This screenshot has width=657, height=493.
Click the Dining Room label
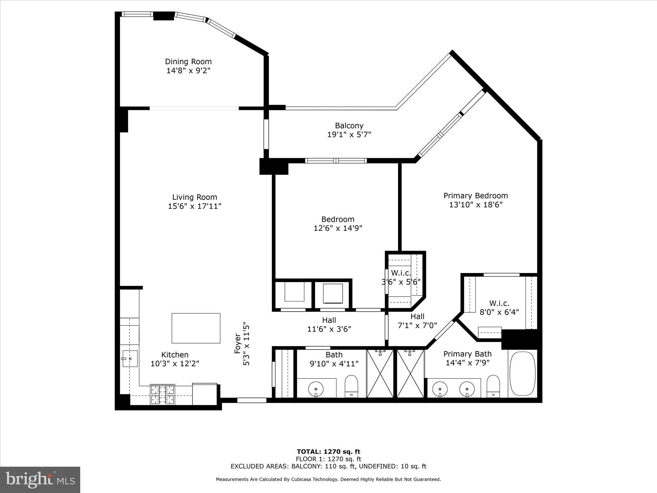188,62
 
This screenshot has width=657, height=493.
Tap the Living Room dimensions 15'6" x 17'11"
195,206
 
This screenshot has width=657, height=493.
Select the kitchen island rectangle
196,328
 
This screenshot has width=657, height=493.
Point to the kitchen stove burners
163,394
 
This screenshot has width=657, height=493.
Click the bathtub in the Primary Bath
523,374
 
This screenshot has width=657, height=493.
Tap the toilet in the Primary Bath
493,386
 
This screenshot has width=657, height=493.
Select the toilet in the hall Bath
351,386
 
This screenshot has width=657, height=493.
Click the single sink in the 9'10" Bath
316,389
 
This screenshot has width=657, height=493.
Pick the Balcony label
349,126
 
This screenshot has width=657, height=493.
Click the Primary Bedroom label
475,196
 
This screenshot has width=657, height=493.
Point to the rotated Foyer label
238,344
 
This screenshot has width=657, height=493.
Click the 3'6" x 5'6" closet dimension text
401,282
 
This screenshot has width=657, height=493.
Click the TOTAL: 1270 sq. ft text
328,452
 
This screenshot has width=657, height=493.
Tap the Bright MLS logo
40,480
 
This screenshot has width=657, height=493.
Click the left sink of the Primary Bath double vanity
440,389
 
